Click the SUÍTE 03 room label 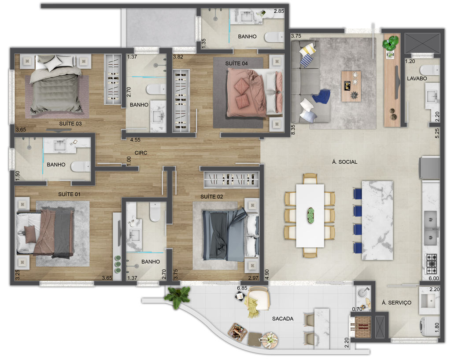pyautogui.click(x=70, y=124)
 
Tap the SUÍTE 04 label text pyautogui.click(x=237, y=63)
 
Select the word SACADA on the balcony pyautogui.click(x=283, y=319)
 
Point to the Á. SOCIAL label pyautogui.click(x=344, y=162)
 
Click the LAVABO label pyautogui.click(x=417, y=78)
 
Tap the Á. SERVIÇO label pyautogui.click(x=396, y=302)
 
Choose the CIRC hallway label pyautogui.click(x=141, y=153)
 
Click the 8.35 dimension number pyautogui.click(x=293, y=129)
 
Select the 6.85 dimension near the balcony pyautogui.click(x=242, y=288)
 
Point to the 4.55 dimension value pyautogui.click(x=135, y=140)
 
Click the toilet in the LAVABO pyautogui.click(x=429, y=70)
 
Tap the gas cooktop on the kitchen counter pyautogui.click(x=431, y=264)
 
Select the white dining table pyautogui.click(x=310, y=216)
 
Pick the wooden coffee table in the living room pyautogui.click(x=351, y=86)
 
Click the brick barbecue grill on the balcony pyautogui.click(x=363, y=327)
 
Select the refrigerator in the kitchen pyautogui.click(x=429, y=168)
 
